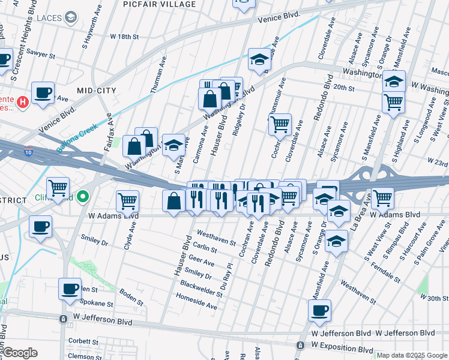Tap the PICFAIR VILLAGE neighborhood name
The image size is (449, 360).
153,4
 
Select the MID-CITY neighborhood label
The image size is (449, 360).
97,90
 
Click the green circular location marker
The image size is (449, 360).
84,196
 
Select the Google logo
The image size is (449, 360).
20,353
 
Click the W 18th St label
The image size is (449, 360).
124,37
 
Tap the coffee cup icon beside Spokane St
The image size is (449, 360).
70,289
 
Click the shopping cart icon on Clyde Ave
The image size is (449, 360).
127,201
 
